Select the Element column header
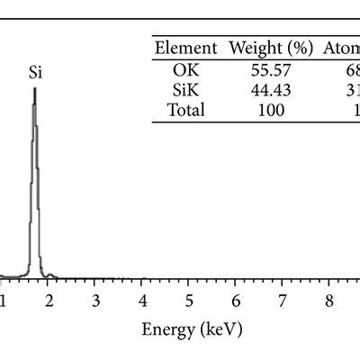point(186,48)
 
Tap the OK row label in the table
point(186,69)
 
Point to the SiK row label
point(186,90)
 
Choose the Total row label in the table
point(186,111)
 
